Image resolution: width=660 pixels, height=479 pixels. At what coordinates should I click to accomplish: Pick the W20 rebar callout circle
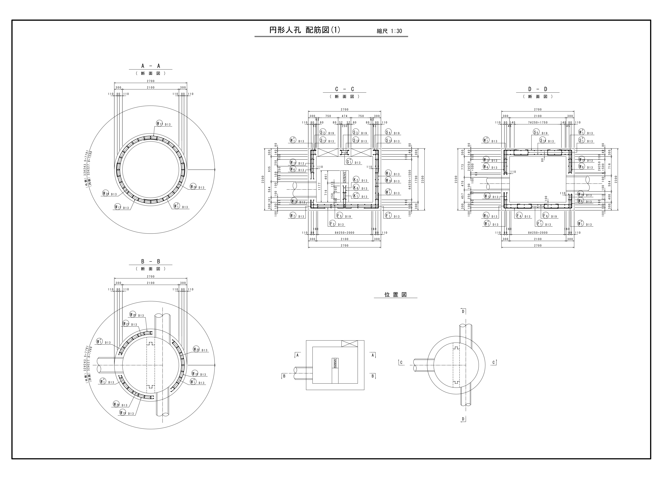(x=133, y=315)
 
